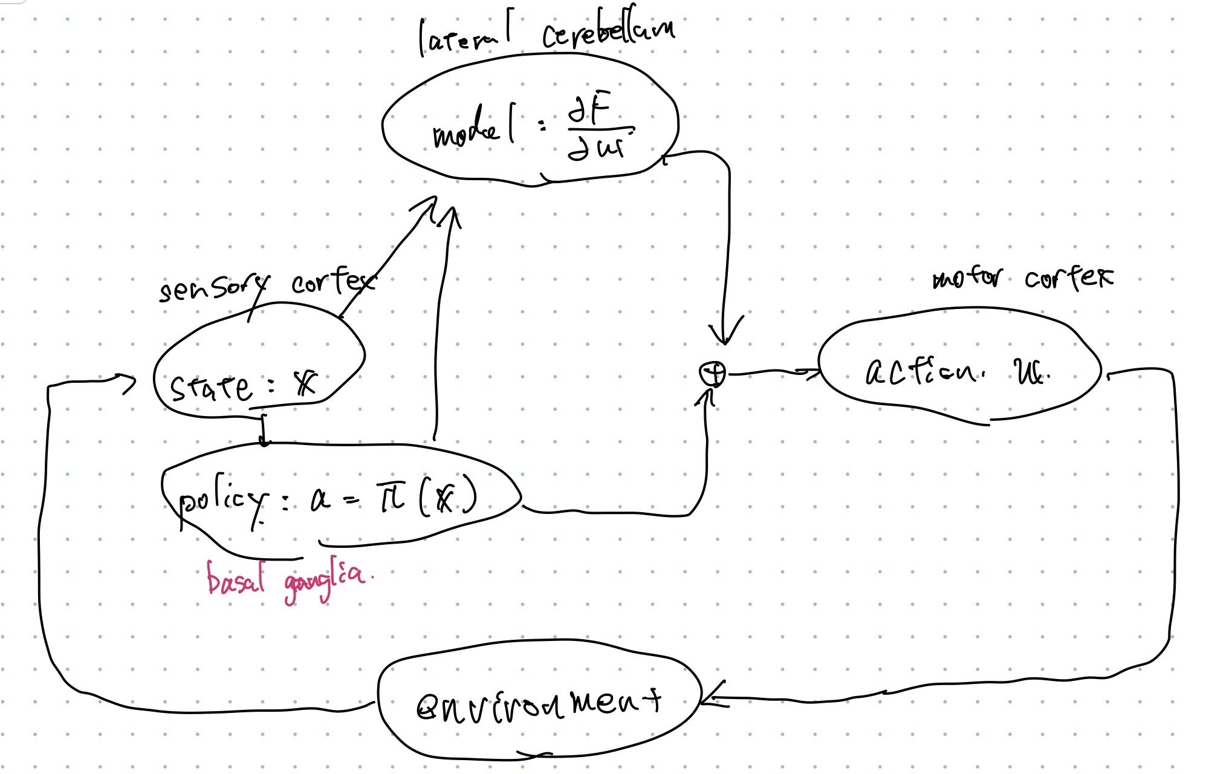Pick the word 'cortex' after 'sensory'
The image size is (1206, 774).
(x=332, y=281)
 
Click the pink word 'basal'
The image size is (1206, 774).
(x=236, y=577)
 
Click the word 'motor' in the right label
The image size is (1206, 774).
(x=966, y=278)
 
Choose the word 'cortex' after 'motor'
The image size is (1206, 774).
(x=1068, y=278)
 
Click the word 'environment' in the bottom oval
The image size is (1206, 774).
(x=538, y=704)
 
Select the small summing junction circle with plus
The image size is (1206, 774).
(x=712, y=374)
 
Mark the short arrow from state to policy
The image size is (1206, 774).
(x=263, y=430)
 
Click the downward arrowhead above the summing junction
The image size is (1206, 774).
(x=725, y=336)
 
